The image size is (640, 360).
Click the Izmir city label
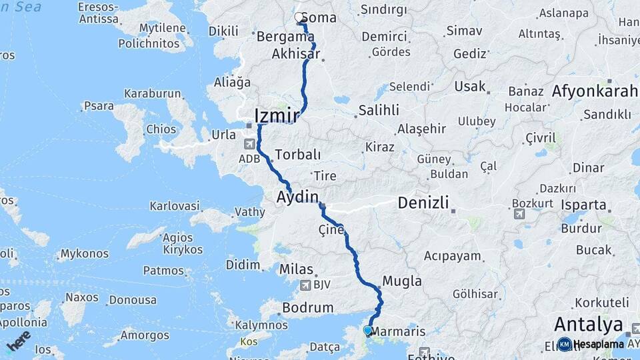pyautogui.click(x=276, y=115)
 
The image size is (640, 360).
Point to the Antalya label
pyautogui.click(x=587, y=325)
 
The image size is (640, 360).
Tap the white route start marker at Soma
pyautogui.click(x=299, y=17)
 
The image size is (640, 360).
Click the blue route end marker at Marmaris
pyautogui.click(x=367, y=330)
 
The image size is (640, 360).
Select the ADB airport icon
pyautogui.click(x=249, y=144)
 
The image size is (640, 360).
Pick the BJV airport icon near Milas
pyautogui.click(x=306, y=286)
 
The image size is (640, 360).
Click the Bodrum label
pyautogui.click(x=307, y=308)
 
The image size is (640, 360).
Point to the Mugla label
pyautogui.click(x=402, y=281)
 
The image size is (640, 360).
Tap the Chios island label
pyautogui.click(x=163, y=129)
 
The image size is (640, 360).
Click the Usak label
pyautogui.click(x=470, y=87)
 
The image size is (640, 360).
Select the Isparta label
pyautogui.click(x=585, y=205)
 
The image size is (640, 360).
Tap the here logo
pyautogui.click(x=19, y=339)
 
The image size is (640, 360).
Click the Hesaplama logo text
pyautogui.click(x=599, y=344)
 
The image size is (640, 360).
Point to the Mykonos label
pyautogui.click(x=84, y=254)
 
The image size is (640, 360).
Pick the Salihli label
pyautogui.click(x=379, y=110)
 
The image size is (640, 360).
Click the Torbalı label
pyautogui.click(x=297, y=154)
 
